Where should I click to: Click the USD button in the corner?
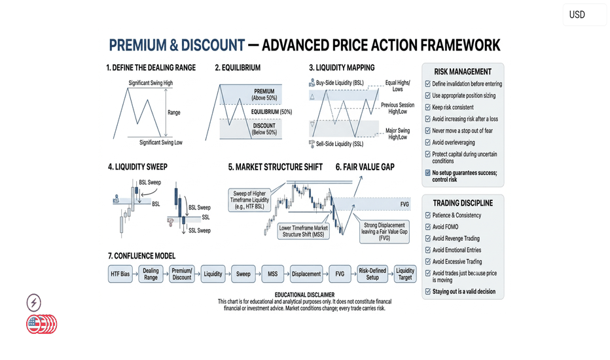(x=584, y=15)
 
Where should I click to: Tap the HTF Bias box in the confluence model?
(x=120, y=274)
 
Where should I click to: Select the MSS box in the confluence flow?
(x=273, y=274)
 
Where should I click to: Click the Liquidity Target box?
(x=405, y=274)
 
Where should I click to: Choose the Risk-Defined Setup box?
(x=372, y=274)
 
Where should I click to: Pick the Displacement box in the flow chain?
(x=306, y=274)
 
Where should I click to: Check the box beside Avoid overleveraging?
(x=427, y=143)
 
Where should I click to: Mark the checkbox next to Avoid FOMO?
(x=428, y=227)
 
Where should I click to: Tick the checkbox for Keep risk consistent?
(x=427, y=107)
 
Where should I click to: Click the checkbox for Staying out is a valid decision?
(x=428, y=291)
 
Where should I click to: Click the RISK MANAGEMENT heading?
(x=463, y=71)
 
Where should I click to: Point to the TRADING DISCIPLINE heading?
(x=463, y=203)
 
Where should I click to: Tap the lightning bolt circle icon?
(x=34, y=303)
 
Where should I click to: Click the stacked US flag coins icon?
(x=42, y=324)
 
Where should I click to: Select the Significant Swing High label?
(x=151, y=83)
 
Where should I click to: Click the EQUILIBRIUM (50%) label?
(x=271, y=112)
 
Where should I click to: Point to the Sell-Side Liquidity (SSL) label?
(x=340, y=144)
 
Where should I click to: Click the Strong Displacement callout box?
(x=384, y=232)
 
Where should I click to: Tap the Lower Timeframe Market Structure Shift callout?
(x=304, y=231)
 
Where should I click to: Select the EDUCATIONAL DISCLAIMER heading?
(x=304, y=295)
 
